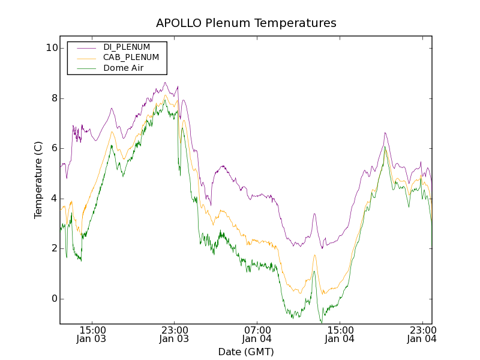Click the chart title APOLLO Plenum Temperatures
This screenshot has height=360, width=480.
click(246, 23)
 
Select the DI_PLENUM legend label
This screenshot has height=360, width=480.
click(127, 47)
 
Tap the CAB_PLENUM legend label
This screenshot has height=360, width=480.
click(131, 57)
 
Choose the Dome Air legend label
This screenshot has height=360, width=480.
click(124, 68)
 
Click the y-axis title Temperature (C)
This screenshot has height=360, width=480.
click(38, 180)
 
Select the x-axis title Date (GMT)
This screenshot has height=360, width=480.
click(246, 352)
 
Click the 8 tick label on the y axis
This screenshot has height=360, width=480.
click(53, 98)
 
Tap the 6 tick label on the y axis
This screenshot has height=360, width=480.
click(53, 148)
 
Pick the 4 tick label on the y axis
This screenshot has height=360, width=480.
click(53, 199)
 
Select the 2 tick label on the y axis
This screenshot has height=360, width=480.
click(53, 248)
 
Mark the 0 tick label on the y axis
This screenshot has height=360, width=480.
click(53, 299)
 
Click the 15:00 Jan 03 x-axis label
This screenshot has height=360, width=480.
click(92, 334)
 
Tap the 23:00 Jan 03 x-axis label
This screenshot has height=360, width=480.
click(174, 334)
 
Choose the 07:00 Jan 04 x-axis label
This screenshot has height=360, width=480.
click(257, 334)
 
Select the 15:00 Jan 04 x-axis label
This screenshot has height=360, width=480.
click(339, 334)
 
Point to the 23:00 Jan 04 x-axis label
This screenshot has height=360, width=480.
click(421, 334)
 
